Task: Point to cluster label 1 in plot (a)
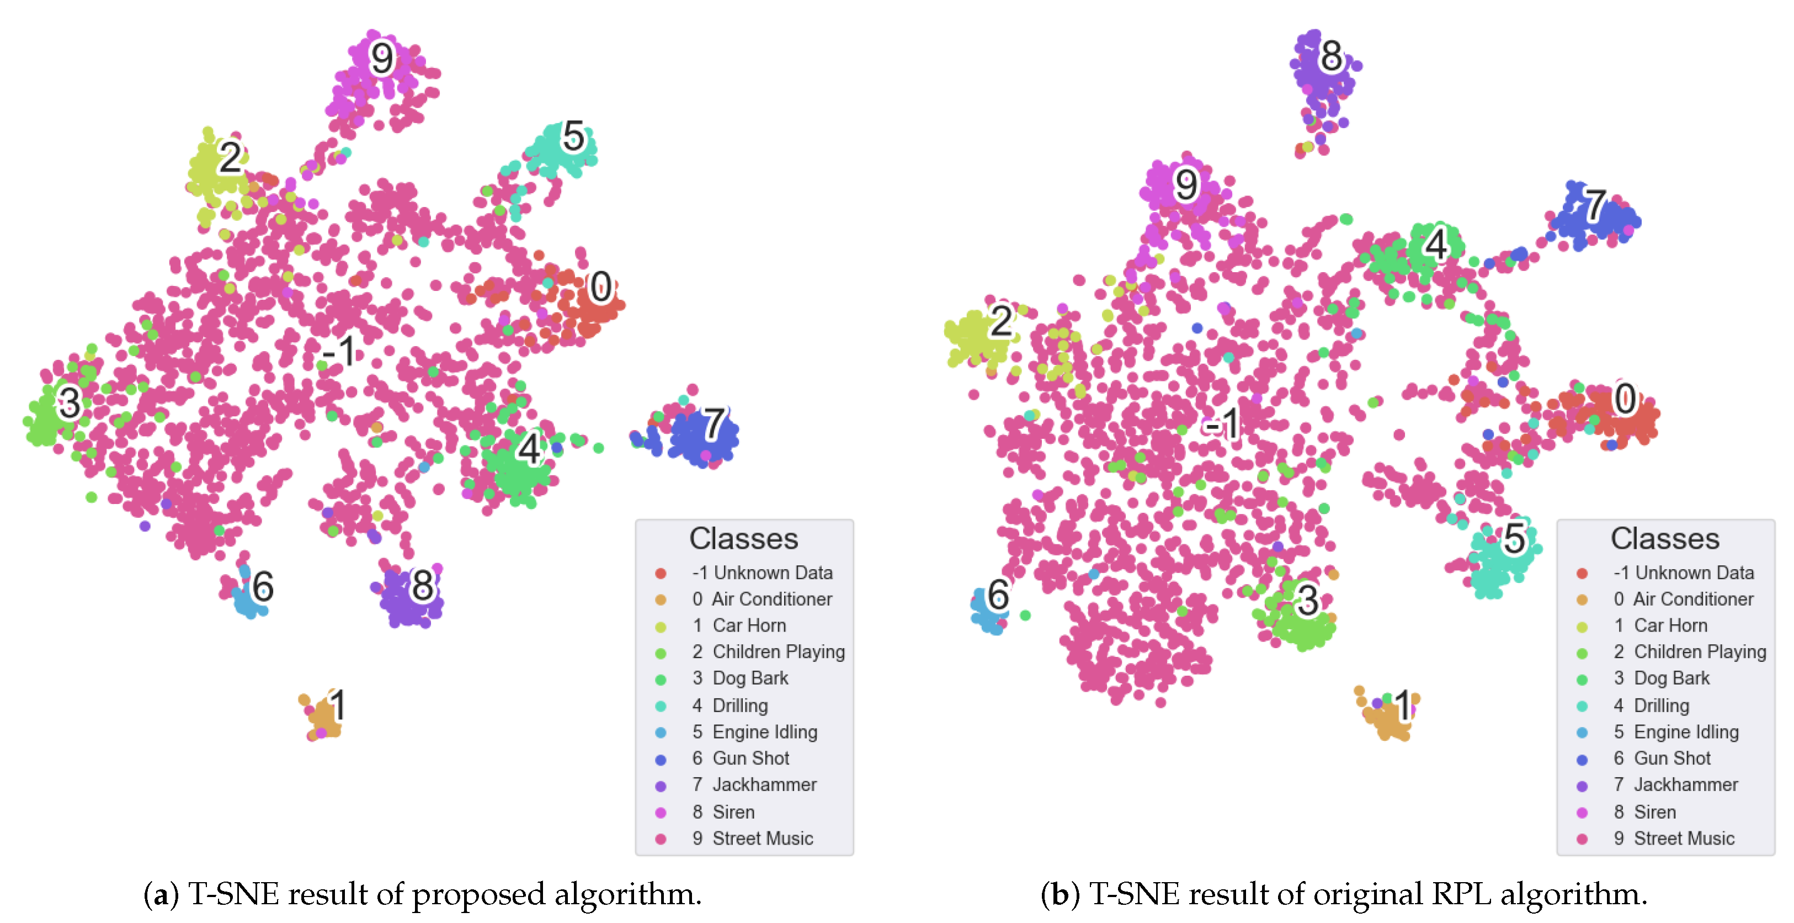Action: tap(338, 705)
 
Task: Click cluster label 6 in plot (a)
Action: tap(263, 587)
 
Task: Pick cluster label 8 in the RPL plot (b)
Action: tap(1331, 56)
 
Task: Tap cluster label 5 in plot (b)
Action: tap(1514, 538)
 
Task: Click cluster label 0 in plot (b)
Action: tap(1625, 399)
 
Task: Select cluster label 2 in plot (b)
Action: tap(1002, 322)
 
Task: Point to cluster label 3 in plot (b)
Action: tap(1307, 601)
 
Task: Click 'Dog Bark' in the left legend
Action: tap(749, 678)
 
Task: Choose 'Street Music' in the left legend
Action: tap(762, 839)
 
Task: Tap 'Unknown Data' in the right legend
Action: tap(1694, 572)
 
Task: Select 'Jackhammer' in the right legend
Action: tap(1685, 785)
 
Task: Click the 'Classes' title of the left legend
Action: tap(743, 538)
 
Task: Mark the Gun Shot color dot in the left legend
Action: tap(660, 759)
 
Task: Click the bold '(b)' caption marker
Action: tap(1060, 894)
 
